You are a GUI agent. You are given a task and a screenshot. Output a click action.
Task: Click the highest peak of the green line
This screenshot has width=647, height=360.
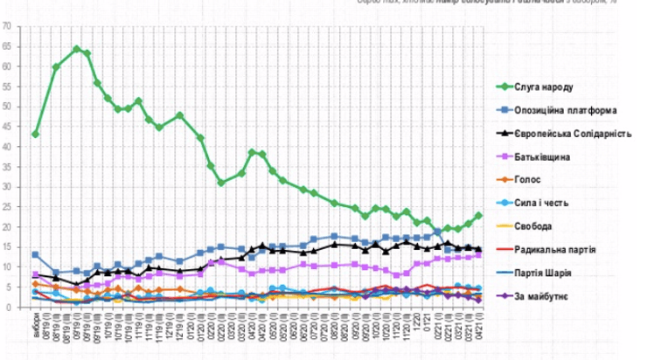(x=77, y=49)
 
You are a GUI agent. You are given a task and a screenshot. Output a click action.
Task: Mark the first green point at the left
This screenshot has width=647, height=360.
(x=35, y=134)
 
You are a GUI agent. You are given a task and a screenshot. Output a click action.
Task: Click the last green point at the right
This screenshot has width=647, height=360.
(x=479, y=215)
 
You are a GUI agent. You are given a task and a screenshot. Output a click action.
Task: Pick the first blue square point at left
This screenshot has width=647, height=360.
(x=35, y=254)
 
